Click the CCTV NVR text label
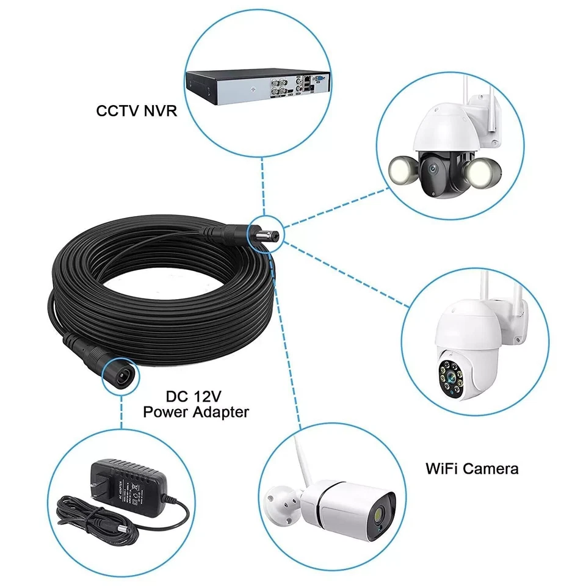click(x=134, y=112)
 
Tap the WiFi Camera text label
click(x=472, y=469)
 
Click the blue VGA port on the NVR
click(x=317, y=78)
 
